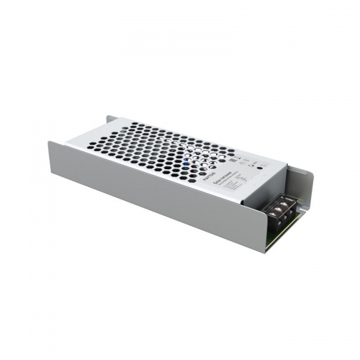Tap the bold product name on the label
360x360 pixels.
click(227, 174)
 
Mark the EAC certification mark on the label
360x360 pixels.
click(247, 157)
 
